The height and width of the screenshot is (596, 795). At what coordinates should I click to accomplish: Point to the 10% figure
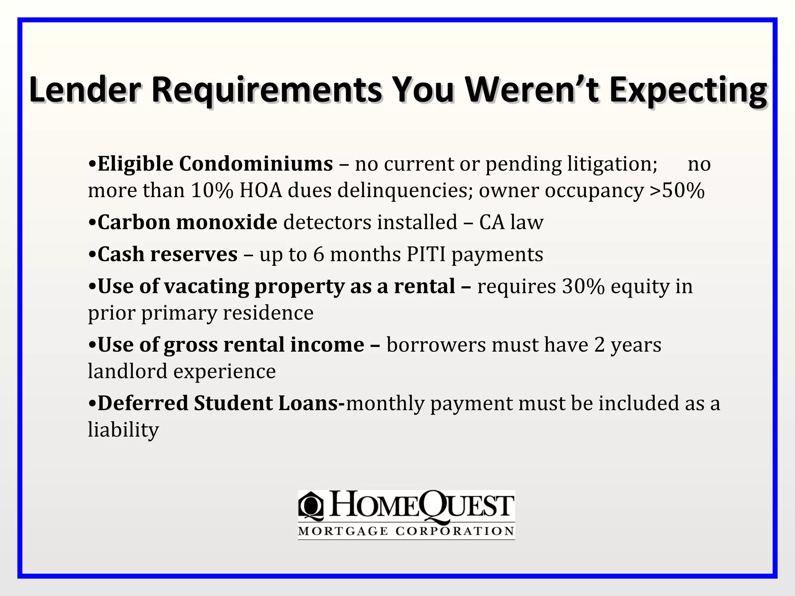pos(212,191)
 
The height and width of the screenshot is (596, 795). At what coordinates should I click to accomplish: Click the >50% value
pos(677,191)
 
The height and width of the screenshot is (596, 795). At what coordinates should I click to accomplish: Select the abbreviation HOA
pos(260,191)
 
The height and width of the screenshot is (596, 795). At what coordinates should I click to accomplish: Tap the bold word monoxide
pos(227,222)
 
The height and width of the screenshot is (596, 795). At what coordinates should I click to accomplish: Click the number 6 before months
pos(318,255)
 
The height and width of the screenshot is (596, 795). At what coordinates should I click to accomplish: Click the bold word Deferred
pos(143,403)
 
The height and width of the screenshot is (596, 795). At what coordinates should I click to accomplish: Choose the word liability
pos(123,430)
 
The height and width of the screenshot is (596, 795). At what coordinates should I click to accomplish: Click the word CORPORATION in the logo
pos(455,531)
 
